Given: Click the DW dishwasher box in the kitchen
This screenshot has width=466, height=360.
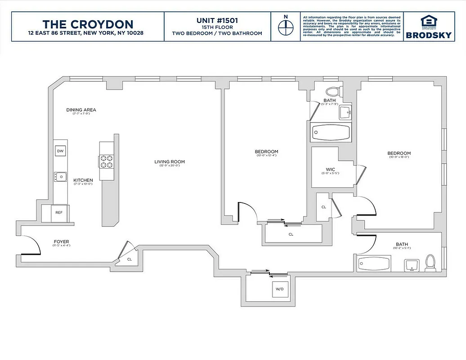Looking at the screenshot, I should pos(60,151).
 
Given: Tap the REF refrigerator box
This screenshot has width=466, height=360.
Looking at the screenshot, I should pos(59,213).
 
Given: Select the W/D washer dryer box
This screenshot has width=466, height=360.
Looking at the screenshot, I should pos(279,288).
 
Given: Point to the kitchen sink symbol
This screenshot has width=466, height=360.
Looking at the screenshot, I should pos(60,176).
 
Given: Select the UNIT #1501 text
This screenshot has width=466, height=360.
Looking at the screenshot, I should pos(217,21).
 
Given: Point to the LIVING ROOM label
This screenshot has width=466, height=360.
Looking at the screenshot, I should pos(170,162).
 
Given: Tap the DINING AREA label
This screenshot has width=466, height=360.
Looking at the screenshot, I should pos(81,110).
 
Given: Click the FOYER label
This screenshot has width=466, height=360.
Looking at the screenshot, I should pos(61,242).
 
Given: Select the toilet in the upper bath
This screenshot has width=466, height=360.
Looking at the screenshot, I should pos(334,91).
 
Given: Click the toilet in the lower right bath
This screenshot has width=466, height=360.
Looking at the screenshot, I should pos(430,263).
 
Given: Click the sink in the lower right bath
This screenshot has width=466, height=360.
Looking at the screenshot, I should pos(411,265).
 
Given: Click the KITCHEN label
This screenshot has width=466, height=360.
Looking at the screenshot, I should pos(83,180).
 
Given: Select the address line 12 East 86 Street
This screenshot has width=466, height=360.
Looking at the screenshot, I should pos(85,33).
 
